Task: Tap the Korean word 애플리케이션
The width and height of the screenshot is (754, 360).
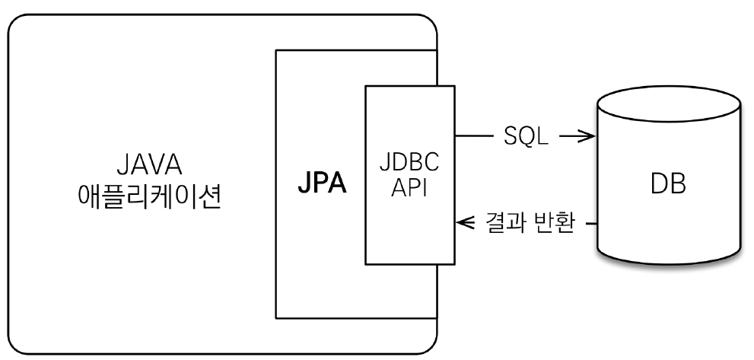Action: (150, 199)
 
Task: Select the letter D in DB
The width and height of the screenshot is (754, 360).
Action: (659, 186)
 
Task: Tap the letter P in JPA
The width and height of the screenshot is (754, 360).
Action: (321, 186)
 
